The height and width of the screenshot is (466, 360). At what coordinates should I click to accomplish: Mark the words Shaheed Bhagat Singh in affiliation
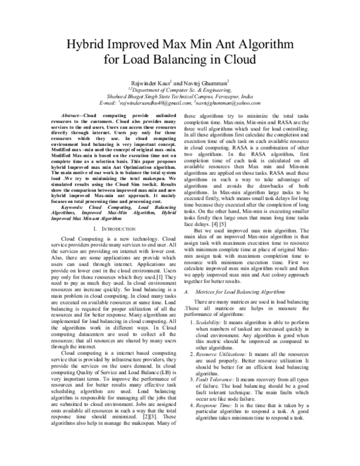pyautogui.click(x=130, y=95)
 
